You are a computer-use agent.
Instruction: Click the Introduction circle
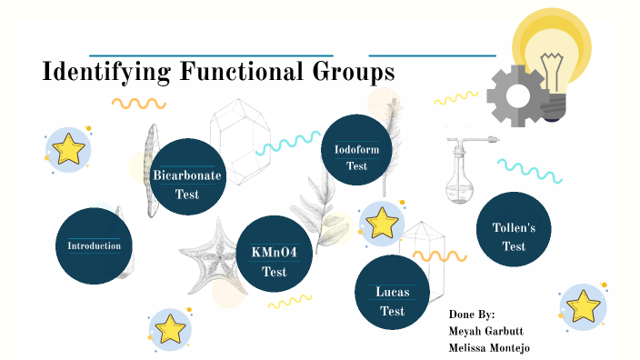pos(95,246)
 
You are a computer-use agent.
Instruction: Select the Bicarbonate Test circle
pos(187,177)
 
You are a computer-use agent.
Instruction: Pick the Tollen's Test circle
pos(515,230)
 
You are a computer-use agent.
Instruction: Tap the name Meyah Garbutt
pos(485,331)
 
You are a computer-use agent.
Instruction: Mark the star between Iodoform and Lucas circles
pos(383,223)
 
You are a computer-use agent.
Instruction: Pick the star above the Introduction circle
pos(68,149)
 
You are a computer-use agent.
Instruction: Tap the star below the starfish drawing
pos(171,328)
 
